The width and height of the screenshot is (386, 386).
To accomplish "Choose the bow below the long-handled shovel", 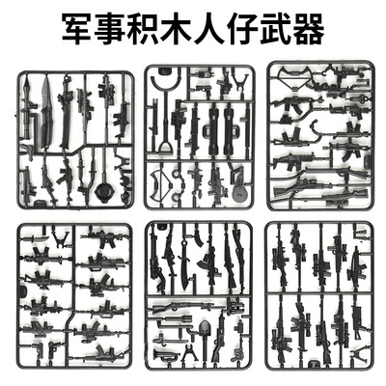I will click(x=174, y=183).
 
